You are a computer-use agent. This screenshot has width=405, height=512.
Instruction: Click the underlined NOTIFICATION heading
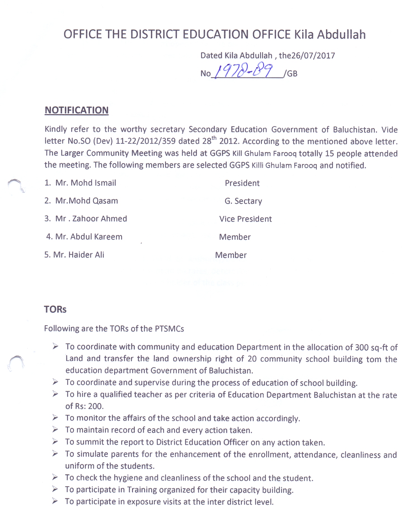pos(76,110)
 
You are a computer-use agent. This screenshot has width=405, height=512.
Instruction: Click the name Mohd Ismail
pos(93,183)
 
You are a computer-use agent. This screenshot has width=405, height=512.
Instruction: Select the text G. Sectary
pos(243,201)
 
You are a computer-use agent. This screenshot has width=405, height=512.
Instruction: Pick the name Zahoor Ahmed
pos(100,219)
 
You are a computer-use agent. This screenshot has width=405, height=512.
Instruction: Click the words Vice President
pos(245,219)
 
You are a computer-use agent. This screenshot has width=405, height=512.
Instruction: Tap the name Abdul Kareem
pos(96,237)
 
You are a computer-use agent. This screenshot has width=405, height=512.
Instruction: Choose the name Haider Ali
pos(86,255)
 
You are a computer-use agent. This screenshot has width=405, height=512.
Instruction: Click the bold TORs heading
pos(55,309)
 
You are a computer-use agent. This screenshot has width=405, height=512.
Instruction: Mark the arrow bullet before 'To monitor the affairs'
pos(55,418)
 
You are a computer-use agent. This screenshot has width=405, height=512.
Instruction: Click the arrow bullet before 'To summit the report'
pos(55,442)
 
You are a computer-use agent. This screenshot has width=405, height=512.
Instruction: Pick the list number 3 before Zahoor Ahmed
pos(47,219)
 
